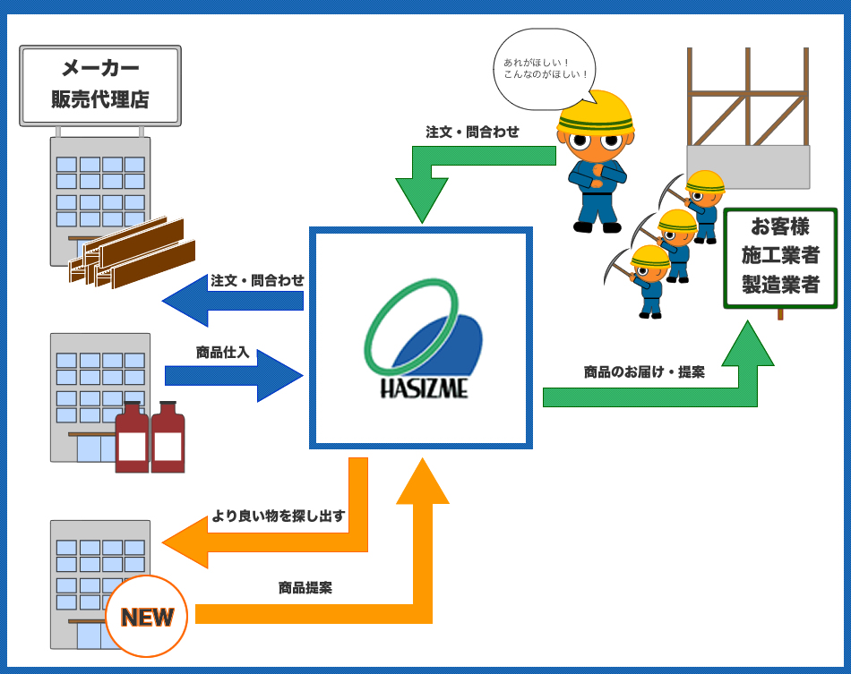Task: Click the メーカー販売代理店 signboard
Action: coord(100,86)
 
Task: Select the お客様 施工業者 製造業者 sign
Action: coord(780,258)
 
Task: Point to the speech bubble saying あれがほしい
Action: coord(543,69)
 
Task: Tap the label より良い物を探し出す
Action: coord(278,516)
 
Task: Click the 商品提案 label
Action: coord(305,588)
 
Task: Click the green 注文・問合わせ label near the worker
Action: coord(472,132)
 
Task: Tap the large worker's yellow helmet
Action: coord(596,112)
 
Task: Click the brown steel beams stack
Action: coord(133,254)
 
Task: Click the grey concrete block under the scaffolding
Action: coord(748,166)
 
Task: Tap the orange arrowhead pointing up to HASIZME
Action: coord(422,483)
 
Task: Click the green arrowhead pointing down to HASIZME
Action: coord(422,200)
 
